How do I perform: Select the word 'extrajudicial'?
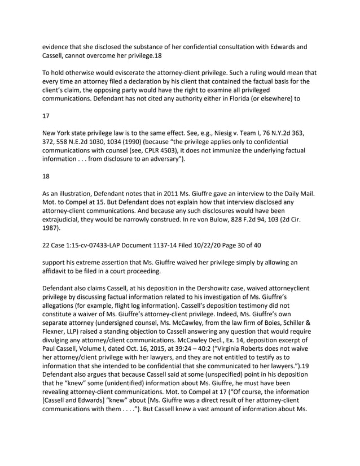click(x=64, y=222)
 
